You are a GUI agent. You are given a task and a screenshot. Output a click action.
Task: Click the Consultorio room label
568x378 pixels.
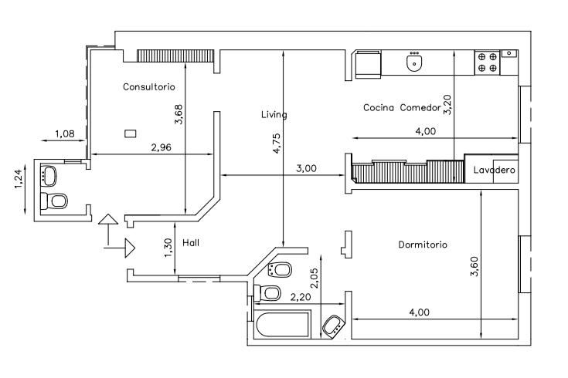pos(149,87)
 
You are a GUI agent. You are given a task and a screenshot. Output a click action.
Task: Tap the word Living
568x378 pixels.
pos(274,115)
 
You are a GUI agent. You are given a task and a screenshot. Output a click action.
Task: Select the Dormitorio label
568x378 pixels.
pos(423,245)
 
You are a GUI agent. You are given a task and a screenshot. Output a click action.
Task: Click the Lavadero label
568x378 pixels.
pos(494,170)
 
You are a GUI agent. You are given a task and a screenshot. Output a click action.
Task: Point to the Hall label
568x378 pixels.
pos(191,243)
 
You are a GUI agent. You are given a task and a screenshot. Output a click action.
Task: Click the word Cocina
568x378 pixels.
pos(379,107)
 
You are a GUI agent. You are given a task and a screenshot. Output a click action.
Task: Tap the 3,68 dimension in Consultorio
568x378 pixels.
pos(179,114)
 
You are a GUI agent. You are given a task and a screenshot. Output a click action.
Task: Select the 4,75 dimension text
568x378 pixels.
pos(277,143)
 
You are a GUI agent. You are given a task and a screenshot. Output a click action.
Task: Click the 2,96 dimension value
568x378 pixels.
pos(162,147)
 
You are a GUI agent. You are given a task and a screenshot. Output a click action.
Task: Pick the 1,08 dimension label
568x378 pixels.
pos(65,133)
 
